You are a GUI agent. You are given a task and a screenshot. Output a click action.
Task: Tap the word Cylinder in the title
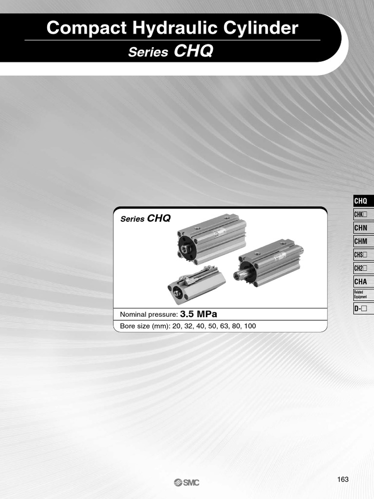[x=261, y=28]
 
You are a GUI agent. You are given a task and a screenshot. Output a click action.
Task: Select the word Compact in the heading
[x=87, y=28]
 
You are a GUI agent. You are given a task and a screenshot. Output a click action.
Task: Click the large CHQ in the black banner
[x=193, y=51]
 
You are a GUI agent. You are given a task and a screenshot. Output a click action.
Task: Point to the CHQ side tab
[x=363, y=201]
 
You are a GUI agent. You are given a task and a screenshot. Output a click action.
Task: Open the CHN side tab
[x=363, y=228]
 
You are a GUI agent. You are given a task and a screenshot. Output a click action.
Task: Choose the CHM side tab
[x=363, y=241]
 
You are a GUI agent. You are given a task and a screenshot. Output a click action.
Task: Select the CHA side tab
[x=363, y=282]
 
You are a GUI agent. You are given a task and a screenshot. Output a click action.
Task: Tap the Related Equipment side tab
[x=363, y=295]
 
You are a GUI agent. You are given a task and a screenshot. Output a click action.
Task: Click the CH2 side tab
[x=363, y=269]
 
